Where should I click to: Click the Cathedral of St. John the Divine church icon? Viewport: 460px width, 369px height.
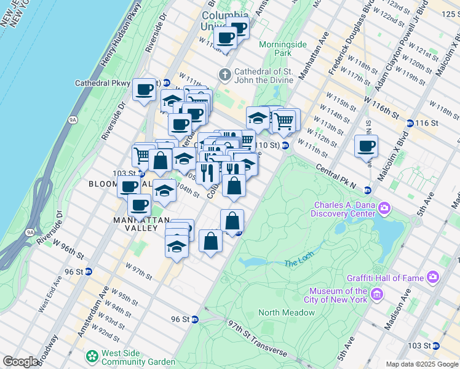(225, 75)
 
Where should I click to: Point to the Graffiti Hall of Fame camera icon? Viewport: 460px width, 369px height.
(433, 278)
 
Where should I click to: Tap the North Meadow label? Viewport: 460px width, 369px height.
(287, 312)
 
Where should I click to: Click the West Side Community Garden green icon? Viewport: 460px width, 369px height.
(92, 355)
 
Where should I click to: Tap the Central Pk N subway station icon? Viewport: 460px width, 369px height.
(367, 189)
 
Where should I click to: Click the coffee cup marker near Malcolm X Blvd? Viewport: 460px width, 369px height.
(366, 146)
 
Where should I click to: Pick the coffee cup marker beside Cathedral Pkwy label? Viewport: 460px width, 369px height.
(145, 90)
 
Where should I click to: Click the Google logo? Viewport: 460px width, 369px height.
(20, 362)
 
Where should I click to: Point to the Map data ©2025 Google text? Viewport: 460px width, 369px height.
(422, 364)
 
